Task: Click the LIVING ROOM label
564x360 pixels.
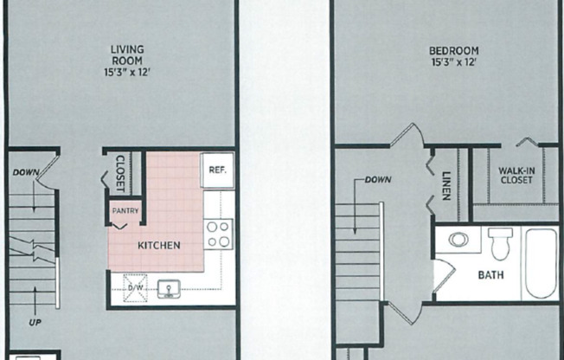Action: [127, 55]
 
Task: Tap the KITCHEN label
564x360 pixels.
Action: [159, 246]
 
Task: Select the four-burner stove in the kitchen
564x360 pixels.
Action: [218, 234]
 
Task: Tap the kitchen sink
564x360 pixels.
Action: [169, 286]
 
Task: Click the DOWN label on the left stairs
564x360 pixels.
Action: [26, 173]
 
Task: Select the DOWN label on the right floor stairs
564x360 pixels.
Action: [377, 180]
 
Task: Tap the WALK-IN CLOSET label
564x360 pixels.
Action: [516, 176]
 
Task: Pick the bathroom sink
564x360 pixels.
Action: [458, 239]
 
